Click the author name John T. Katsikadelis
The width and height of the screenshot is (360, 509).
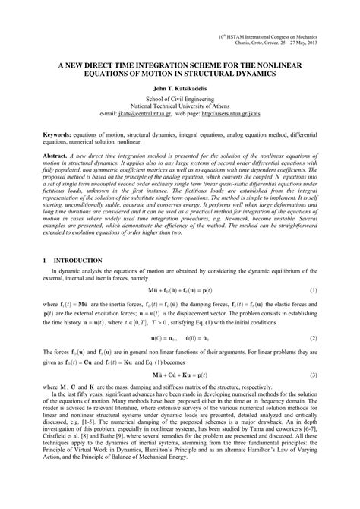(180, 88)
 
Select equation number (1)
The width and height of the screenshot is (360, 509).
(313, 291)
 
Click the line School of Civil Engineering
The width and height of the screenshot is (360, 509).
(180, 99)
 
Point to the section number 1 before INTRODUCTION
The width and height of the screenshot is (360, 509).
(46, 260)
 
